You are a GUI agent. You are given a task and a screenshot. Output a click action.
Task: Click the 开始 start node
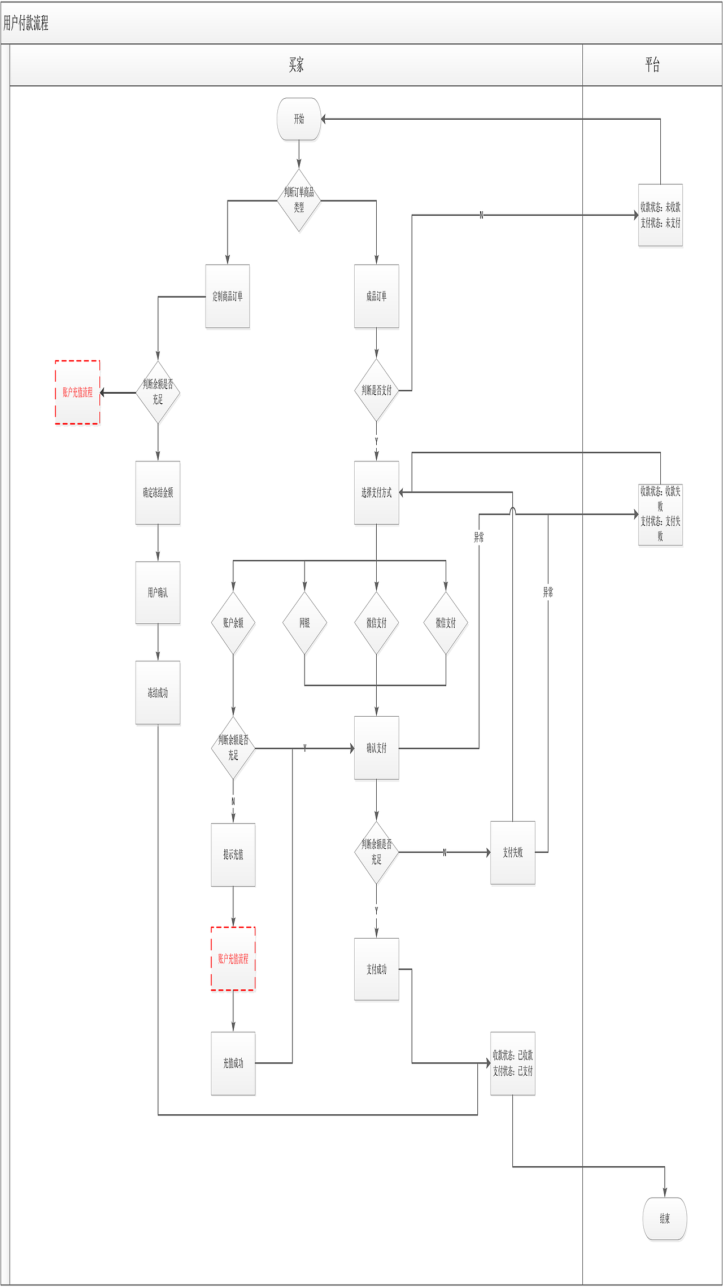pos(299,119)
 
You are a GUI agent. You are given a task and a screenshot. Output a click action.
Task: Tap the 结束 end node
pos(665,1219)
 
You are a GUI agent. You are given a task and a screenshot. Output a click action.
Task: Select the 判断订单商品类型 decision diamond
pos(299,200)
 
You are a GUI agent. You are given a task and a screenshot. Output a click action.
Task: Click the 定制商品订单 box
pos(228,296)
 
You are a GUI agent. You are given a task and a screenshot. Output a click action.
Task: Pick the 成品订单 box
pos(376,296)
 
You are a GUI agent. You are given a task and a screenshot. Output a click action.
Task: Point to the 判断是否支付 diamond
pos(376,390)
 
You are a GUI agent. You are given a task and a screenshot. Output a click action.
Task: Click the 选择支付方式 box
pos(376,492)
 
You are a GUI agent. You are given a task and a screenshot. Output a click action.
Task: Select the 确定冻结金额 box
pos(158,492)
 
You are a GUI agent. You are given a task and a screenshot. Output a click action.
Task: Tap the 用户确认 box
pos(158,592)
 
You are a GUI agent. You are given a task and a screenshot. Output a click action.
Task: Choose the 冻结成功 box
pos(158,692)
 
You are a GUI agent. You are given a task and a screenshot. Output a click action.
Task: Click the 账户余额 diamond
pos(233,623)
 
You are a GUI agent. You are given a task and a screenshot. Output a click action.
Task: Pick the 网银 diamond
pos(304,623)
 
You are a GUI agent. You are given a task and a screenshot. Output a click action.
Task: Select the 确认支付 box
pos(376,748)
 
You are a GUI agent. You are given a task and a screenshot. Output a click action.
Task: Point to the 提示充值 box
pos(233,854)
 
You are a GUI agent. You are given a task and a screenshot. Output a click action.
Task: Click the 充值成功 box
pos(233,1063)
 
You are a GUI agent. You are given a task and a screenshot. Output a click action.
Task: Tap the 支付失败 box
pos(512,852)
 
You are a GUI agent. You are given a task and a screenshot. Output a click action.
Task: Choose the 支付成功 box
pos(376,969)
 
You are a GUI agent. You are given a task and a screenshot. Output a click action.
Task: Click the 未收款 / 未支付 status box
pos(660,215)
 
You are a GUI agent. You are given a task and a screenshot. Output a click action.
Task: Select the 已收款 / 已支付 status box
pos(512,1063)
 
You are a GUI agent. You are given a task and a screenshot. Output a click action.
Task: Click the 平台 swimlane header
pos(652,65)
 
